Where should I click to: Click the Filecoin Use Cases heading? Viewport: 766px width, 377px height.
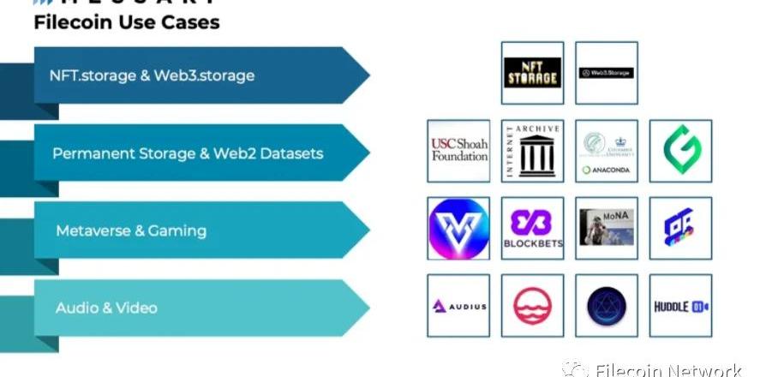tap(127, 22)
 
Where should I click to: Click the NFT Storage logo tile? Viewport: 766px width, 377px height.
tap(532, 73)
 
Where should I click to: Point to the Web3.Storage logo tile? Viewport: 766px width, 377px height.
tap(606, 73)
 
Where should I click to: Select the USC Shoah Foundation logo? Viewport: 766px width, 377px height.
tap(458, 151)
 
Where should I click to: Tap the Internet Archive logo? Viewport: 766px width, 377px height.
tap(532, 151)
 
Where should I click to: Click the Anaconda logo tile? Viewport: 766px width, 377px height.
tap(606, 151)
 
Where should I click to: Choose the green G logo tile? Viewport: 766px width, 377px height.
tap(680, 151)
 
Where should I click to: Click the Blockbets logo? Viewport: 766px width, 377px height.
tap(532, 228)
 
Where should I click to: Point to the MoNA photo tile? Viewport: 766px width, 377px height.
tap(606, 228)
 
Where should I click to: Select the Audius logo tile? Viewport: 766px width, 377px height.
tap(458, 306)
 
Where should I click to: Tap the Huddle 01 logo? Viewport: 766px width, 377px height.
tap(680, 306)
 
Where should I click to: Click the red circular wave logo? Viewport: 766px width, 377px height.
tap(532, 306)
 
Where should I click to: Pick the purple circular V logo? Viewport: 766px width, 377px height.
tap(458, 228)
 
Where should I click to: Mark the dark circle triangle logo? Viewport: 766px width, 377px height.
tap(606, 306)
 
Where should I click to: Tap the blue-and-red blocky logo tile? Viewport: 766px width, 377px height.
tap(680, 228)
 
